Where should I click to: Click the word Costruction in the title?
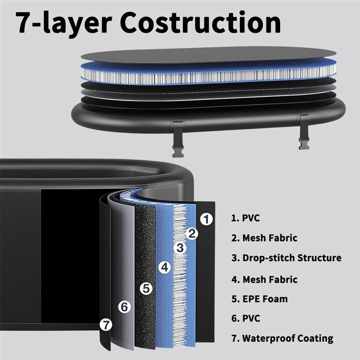point(200,23)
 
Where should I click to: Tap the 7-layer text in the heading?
point(64,24)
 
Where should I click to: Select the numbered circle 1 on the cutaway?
point(207,219)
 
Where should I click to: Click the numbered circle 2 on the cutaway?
point(192,233)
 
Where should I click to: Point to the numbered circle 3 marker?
point(180,248)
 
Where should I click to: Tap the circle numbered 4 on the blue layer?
point(165,267)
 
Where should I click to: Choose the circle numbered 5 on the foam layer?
point(146,288)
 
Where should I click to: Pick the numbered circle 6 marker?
point(124,307)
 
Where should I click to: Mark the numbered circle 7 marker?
point(106,325)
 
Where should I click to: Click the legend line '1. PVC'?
point(246,218)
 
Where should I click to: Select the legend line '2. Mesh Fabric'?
point(264,238)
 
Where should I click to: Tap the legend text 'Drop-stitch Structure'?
point(292,258)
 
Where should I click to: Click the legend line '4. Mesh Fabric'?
point(264,280)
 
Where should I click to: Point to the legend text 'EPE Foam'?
point(265,299)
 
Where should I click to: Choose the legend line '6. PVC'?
point(246,319)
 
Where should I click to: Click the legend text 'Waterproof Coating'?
point(288,338)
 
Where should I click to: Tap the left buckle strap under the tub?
point(178,138)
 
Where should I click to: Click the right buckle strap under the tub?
point(304,131)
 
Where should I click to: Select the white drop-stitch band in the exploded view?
point(209,76)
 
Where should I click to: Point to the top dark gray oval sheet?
point(209,55)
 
